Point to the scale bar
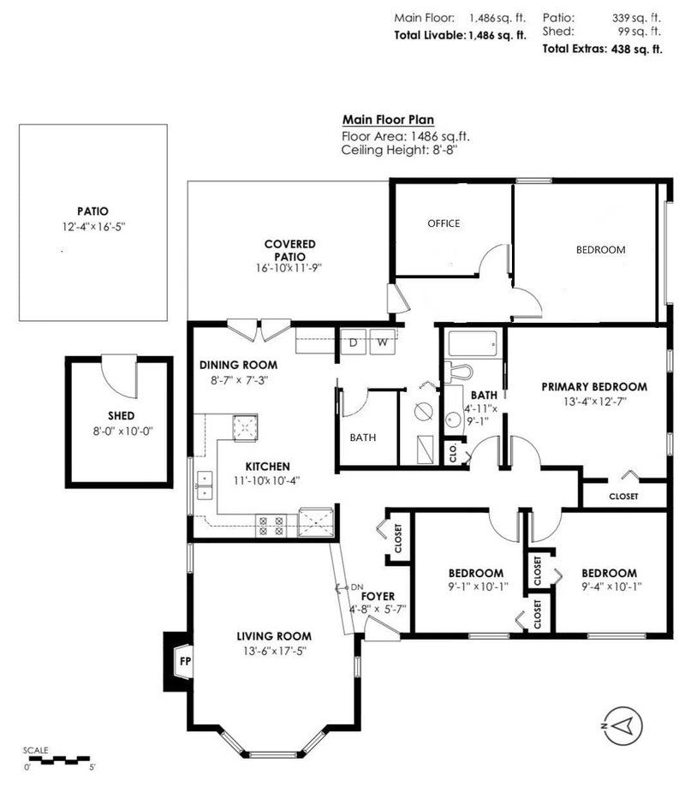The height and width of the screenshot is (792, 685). [x=57, y=758]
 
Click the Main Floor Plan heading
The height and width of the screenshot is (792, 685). [x=388, y=120]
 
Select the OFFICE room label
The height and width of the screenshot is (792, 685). [x=444, y=223]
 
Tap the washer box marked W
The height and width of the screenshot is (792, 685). [x=383, y=342]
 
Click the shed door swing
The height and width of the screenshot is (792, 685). [x=119, y=377]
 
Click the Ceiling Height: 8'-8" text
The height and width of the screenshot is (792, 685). [x=399, y=150]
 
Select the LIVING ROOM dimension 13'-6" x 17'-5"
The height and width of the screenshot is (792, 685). [x=274, y=650]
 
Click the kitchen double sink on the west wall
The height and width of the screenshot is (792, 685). [x=203, y=485]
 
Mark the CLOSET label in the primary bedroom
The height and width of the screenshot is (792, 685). [x=622, y=496]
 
